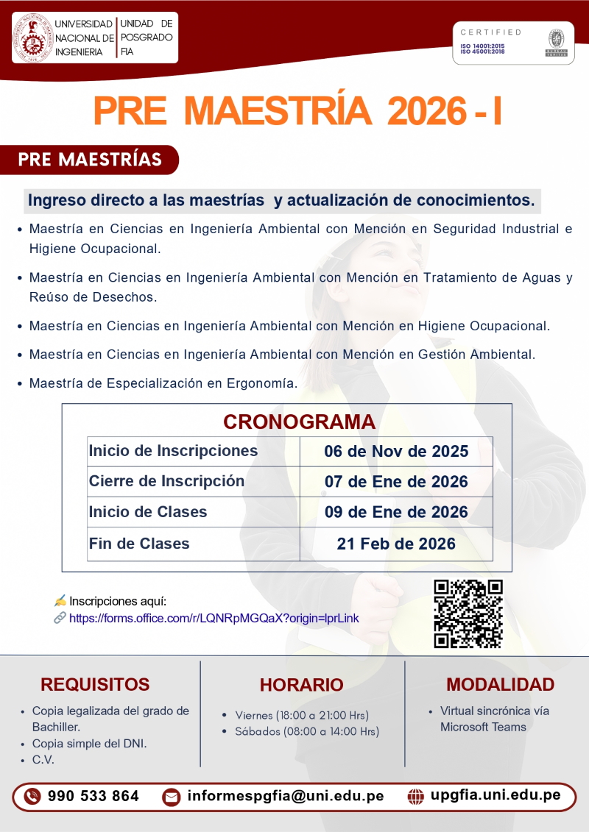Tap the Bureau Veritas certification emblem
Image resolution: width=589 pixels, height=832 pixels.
[555, 42]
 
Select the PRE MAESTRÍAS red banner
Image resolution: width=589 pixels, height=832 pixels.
[90, 160]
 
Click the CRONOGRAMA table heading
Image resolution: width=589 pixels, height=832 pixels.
[299, 422]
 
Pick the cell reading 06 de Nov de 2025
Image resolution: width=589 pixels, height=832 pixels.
[396, 451]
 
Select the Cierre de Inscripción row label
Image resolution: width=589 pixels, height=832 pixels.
[166, 481]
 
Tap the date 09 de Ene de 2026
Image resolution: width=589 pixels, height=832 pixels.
[396, 512]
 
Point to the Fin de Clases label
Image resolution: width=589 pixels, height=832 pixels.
[139, 544]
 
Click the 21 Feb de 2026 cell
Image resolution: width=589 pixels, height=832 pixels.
[396, 544]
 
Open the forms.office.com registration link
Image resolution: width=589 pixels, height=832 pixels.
[214, 618]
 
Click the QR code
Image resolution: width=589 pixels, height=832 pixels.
[468, 614]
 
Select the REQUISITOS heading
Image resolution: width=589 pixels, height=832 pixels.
[95, 684]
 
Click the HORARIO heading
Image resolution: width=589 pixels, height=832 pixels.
[301, 685]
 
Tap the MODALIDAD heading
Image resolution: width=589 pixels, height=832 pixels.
[500, 684]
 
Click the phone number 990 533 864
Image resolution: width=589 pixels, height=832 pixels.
[93, 796]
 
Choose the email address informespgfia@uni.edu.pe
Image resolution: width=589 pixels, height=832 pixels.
[285, 796]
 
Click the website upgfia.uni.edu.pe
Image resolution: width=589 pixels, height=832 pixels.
[495, 795]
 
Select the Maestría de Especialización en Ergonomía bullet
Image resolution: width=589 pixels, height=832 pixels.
[163, 383]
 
